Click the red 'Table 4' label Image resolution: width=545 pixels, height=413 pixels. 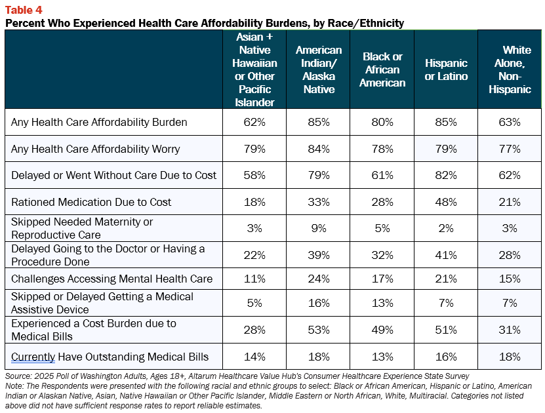(x=24, y=10)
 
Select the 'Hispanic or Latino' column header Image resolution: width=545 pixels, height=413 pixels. (x=446, y=69)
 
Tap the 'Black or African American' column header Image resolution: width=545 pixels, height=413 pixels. (x=382, y=69)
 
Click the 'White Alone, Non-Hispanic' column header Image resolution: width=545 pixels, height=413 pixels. (x=510, y=69)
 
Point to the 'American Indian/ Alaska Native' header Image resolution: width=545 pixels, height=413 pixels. (x=319, y=69)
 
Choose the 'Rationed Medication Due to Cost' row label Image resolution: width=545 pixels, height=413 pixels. (x=91, y=202)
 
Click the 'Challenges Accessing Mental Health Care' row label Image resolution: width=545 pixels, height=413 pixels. (x=111, y=279)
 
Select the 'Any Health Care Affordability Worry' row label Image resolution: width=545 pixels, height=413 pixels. (x=96, y=149)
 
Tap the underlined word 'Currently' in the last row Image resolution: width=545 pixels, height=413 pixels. (x=33, y=357)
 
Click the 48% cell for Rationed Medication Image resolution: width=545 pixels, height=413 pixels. (x=446, y=202)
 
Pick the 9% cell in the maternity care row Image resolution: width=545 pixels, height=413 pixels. (x=319, y=228)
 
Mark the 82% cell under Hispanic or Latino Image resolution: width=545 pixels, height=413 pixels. (x=446, y=175)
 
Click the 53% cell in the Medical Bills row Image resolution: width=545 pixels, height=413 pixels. (x=319, y=330)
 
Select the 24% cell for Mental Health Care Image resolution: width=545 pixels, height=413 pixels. (x=319, y=279)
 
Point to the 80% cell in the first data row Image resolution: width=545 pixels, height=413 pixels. (x=382, y=122)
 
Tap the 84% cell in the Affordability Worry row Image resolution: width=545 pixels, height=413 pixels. (x=319, y=149)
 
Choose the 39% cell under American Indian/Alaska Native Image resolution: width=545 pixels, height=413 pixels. (x=319, y=255)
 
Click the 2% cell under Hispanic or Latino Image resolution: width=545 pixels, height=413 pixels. (x=446, y=228)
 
